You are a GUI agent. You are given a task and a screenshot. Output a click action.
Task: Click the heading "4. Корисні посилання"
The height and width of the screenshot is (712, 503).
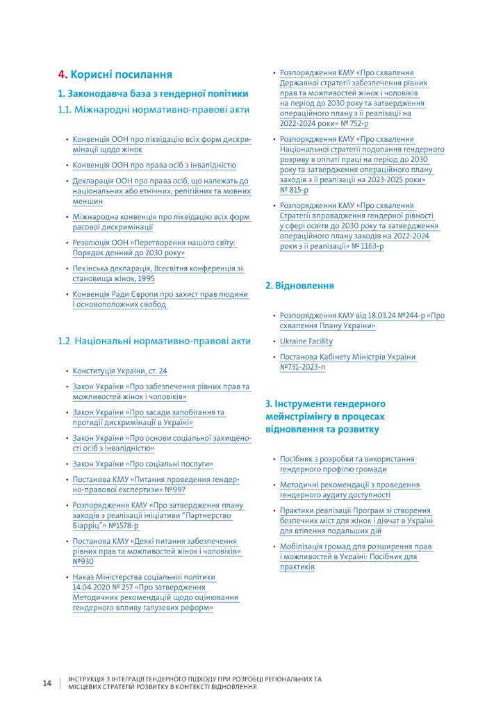(x=115, y=74)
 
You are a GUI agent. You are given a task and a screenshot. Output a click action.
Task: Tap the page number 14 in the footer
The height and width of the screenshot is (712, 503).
(x=47, y=683)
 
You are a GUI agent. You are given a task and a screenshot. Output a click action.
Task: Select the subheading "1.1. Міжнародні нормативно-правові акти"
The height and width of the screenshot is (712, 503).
(x=154, y=109)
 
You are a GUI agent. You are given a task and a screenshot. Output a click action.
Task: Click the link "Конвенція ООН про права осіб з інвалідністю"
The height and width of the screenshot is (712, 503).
(x=154, y=165)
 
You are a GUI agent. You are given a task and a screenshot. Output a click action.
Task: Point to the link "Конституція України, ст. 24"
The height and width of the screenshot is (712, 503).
(x=119, y=371)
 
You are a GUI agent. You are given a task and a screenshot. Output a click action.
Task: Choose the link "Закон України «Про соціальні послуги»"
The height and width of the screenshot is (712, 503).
(x=142, y=464)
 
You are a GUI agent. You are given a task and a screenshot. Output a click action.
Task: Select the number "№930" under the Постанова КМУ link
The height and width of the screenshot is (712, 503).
(x=83, y=561)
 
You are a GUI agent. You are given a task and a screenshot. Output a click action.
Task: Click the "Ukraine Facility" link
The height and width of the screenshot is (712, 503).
(x=306, y=341)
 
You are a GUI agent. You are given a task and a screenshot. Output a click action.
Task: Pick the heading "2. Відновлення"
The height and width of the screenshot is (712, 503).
(x=299, y=285)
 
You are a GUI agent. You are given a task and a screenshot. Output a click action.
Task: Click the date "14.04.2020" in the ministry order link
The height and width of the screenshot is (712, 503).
(x=94, y=587)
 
